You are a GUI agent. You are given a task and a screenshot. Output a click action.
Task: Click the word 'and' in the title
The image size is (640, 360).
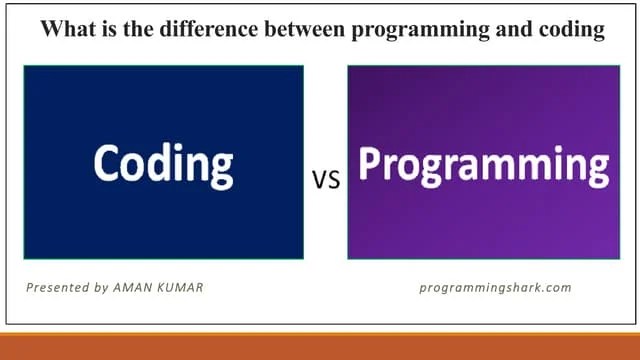[x=503, y=29]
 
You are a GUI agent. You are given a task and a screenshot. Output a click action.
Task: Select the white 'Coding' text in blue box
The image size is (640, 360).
[x=163, y=163]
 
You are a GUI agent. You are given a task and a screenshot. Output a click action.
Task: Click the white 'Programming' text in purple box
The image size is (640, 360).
[x=483, y=166]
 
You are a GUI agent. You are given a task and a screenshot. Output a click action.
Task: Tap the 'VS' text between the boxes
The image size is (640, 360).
[x=326, y=180]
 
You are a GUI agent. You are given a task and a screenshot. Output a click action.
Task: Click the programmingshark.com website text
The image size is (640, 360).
[x=495, y=288]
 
